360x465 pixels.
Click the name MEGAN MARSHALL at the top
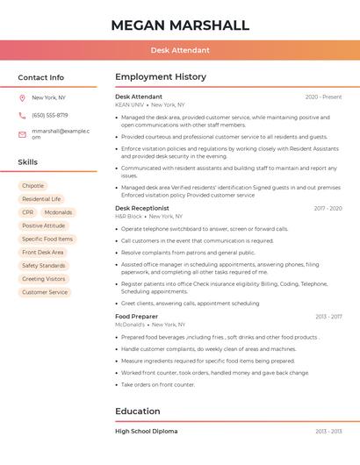pyautogui.click(x=180, y=25)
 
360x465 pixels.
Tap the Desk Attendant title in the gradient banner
pyautogui.click(x=180, y=50)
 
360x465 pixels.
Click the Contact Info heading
pyautogui.click(x=40, y=77)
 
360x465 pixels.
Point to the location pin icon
pyautogui.click(x=22, y=97)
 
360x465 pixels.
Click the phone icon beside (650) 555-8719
pyautogui.click(x=22, y=115)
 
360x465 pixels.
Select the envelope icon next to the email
pyautogui.click(x=22, y=133)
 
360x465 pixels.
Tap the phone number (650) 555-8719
pyautogui.click(x=50, y=115)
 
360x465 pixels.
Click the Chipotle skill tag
pyautogui.click(x=32, y=186)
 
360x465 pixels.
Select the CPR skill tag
pyautogui.click(x=27, y=212)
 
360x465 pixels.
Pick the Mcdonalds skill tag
pyautogui.click(x=58, y=212)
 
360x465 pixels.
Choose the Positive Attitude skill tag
pyautogui.click(x=43, y=225)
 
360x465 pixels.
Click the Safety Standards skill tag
pyautogui.click(x=43, y=265)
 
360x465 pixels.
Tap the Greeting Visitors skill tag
pyautogui.click(x=44, y=279)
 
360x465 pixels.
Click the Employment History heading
pyautogui.click(x=161, y=77)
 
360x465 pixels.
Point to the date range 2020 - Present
pyautogui.click(x=323, y=97)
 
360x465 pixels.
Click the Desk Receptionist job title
pyautogui.click(x=142, y=208)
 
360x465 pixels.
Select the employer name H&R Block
pyautogui.click(x=128, y=216)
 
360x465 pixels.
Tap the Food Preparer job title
pyautogui.click(x=137, y=316)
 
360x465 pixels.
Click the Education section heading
pyautogui.click(x=138, y=411)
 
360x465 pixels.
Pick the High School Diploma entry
pyautogui.click(x=146, y=432)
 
